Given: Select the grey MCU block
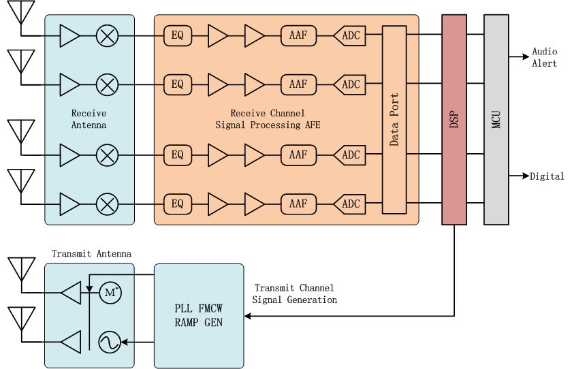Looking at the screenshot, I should [x=496, y=119].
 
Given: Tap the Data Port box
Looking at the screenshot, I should [x=394, y=119].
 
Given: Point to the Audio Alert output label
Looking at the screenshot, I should [x=544, y=58].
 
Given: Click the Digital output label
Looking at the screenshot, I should [x=548, y=176].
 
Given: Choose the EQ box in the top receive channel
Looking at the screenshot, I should [x=178, y=34].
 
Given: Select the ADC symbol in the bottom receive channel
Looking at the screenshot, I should [x=349, y=203].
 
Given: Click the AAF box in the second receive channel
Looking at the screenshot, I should [x=298, y=84].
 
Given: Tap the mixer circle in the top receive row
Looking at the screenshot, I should [x=106, y=34].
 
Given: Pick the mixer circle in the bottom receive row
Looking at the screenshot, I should [x=106, y=203].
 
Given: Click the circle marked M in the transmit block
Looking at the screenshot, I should [x=110, y=293].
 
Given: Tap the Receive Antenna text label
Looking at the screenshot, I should [x=89, y=118].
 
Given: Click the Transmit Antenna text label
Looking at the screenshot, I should [x=91, y=254].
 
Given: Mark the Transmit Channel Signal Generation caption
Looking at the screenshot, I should [x=294, y=293].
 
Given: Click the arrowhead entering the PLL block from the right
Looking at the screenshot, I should [x=248, y=316].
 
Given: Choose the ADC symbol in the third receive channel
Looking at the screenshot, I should [x=349, y=155].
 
